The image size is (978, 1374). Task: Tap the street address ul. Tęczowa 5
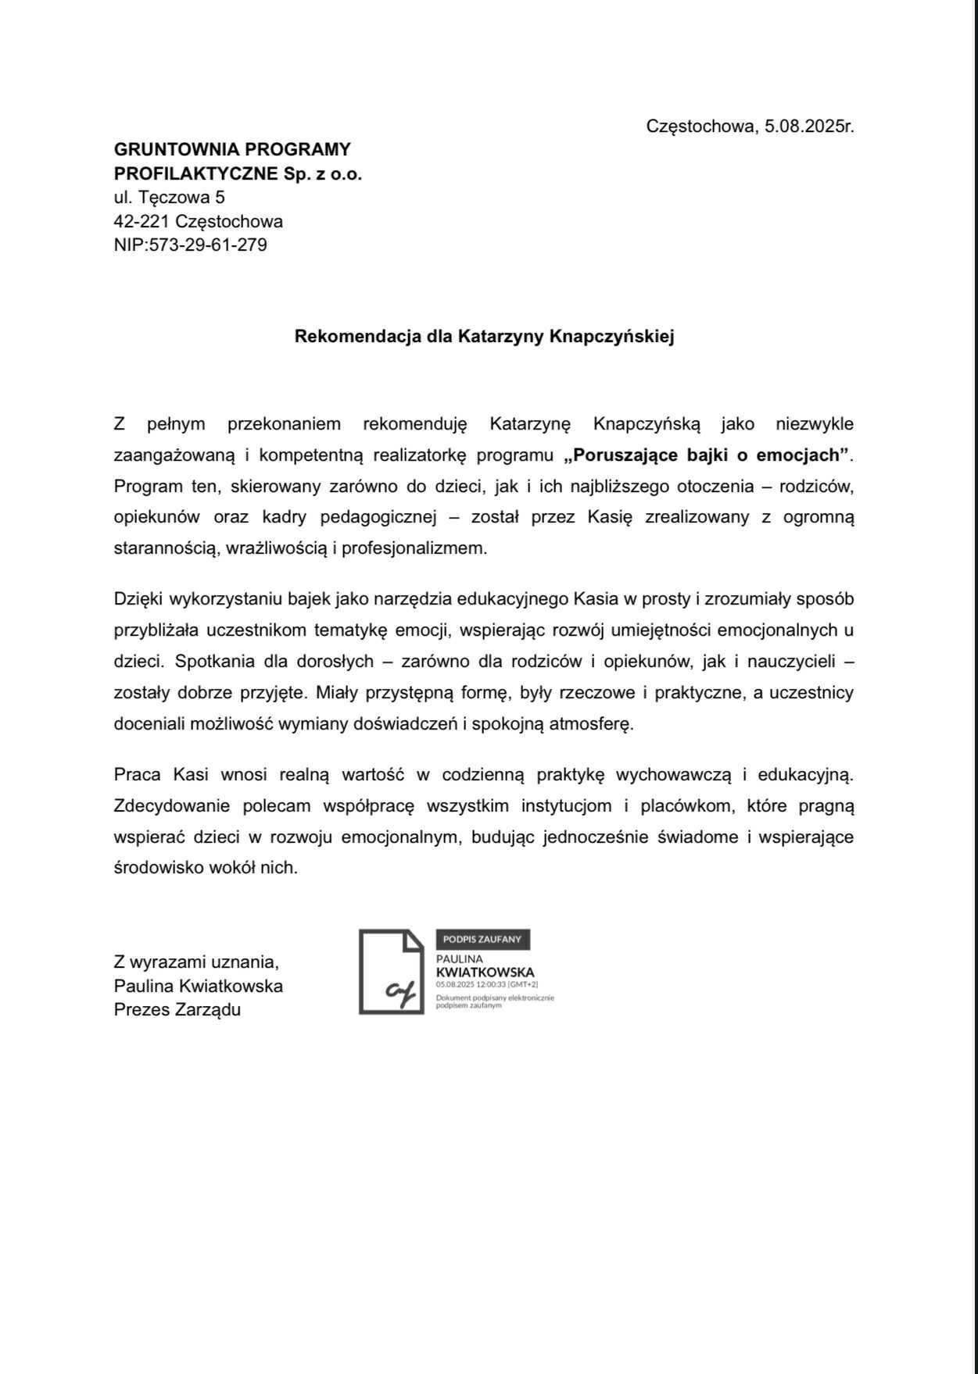point(170,197)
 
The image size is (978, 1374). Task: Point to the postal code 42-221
point(142,221)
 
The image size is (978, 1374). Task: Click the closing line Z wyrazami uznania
point(196,962)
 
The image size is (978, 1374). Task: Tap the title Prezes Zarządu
point(177,1009)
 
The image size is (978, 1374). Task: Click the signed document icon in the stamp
point(392,972)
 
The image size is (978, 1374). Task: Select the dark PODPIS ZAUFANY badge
point(482,939)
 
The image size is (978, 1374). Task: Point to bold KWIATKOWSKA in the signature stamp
point(485,973)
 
